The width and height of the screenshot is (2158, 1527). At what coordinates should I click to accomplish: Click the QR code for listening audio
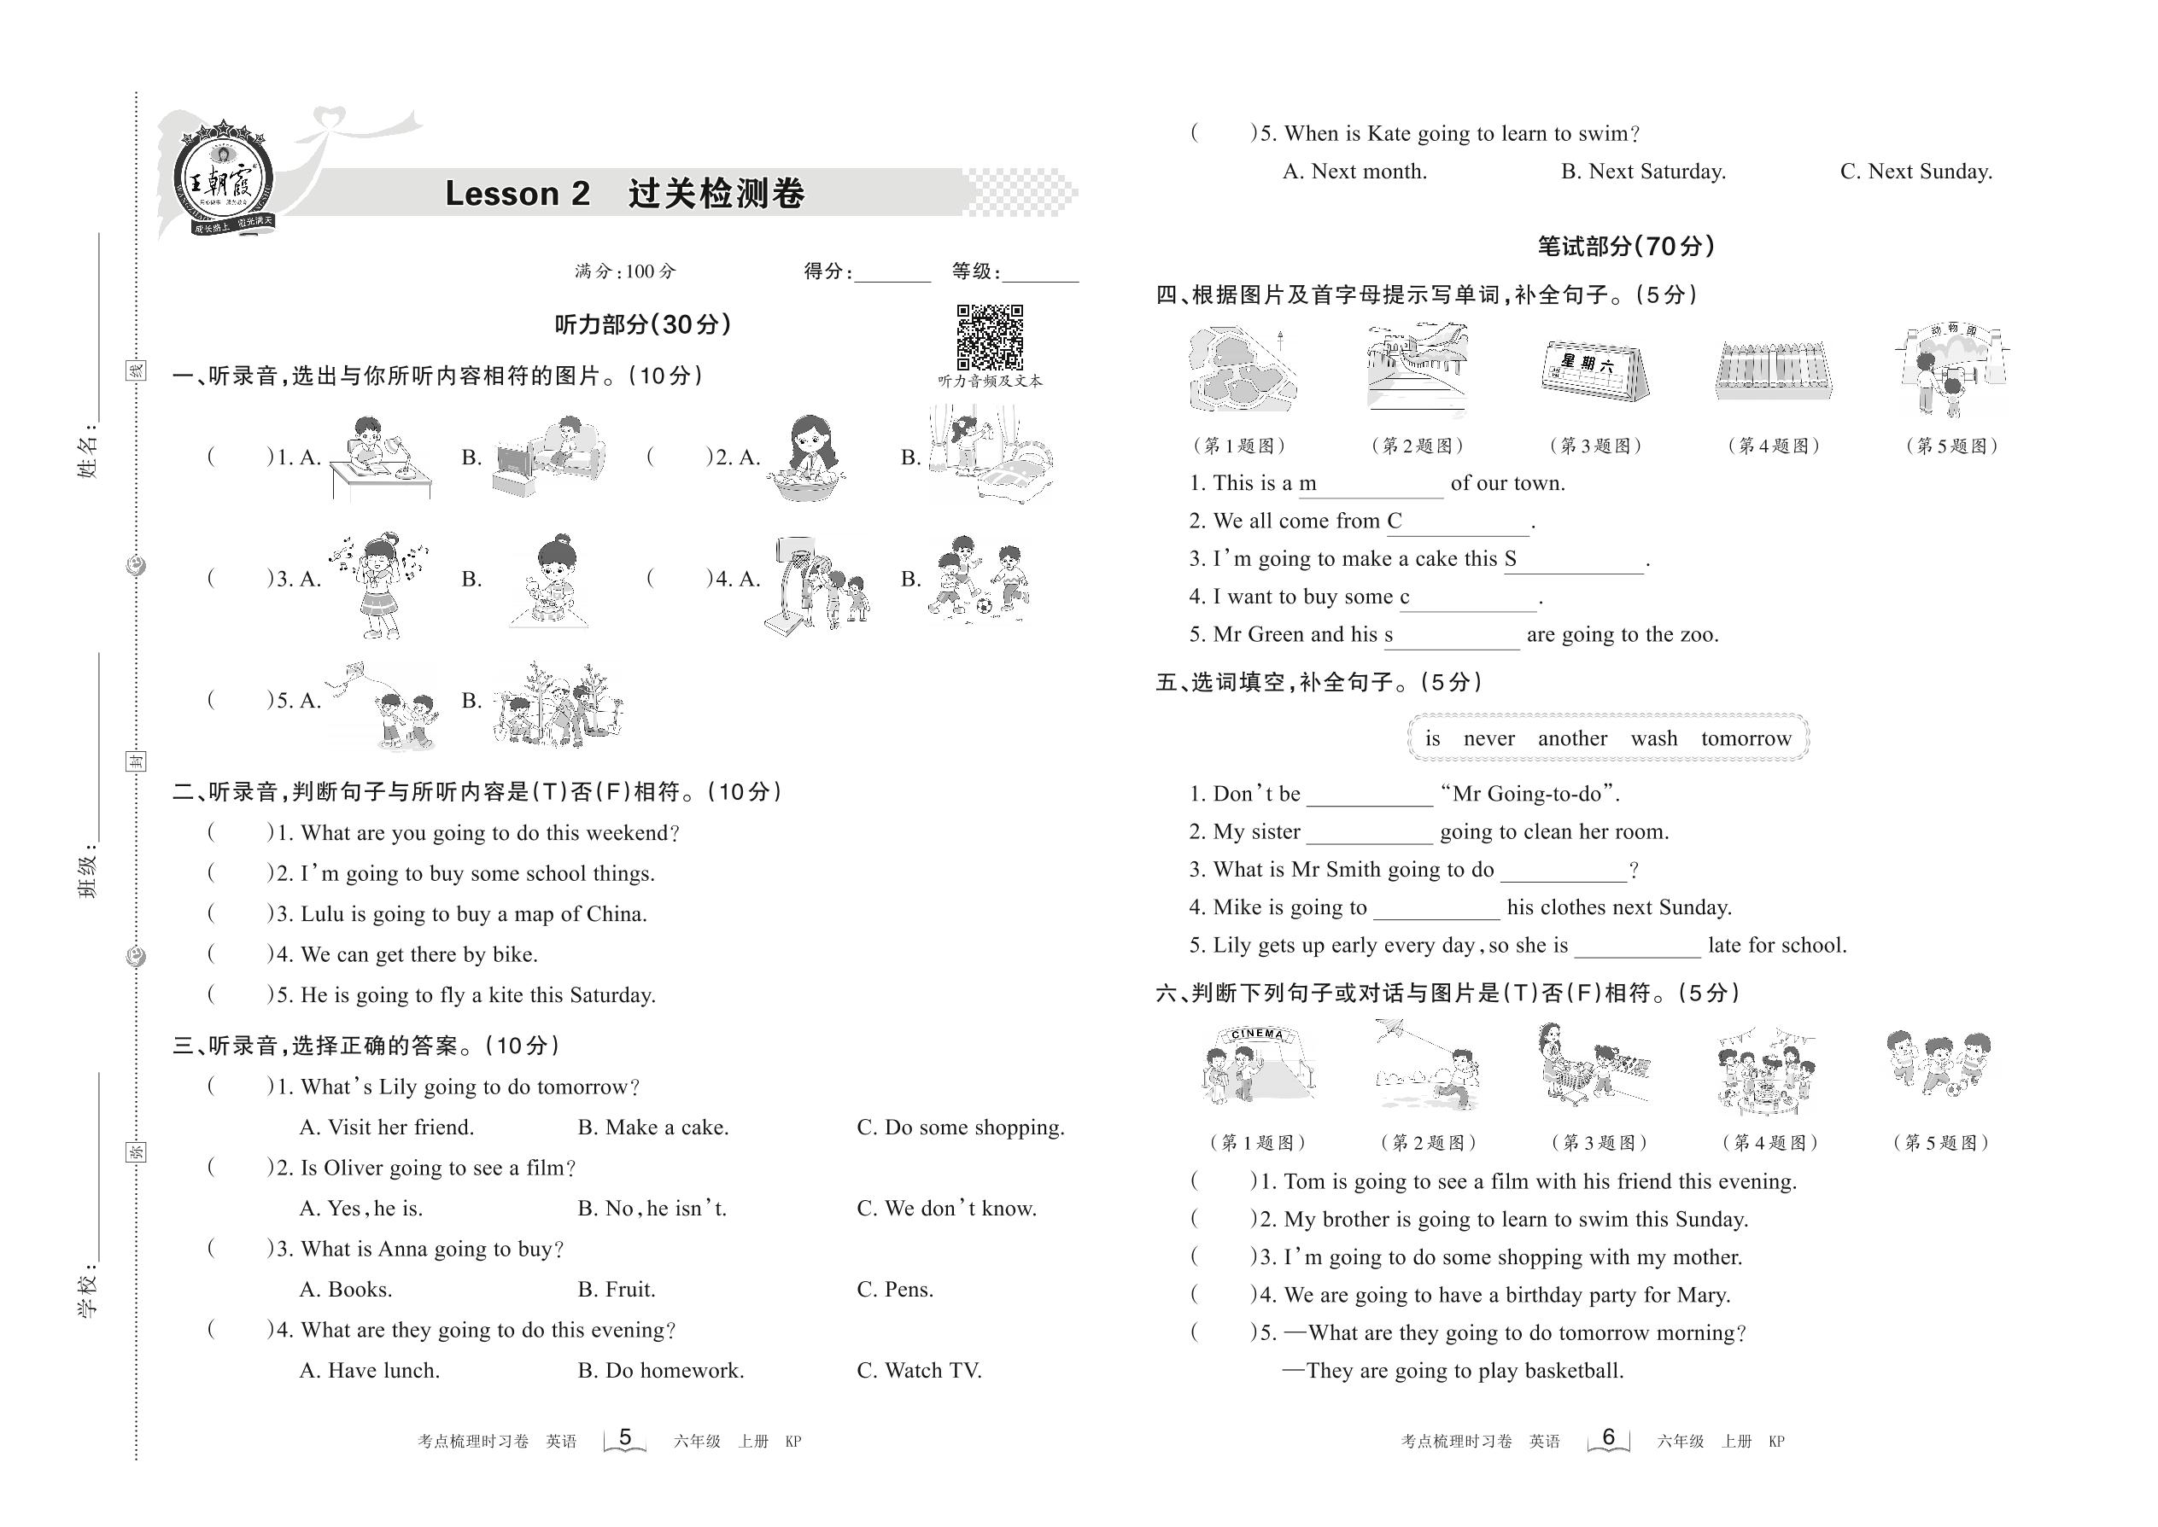(990, 336)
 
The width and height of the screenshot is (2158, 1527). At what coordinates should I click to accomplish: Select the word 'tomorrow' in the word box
(1746, 739)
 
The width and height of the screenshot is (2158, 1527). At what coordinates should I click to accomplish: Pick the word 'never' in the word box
(1488, 739)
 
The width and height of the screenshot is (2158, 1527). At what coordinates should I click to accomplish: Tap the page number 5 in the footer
(624, 1437)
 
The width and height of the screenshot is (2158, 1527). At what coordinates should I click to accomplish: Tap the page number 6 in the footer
(1608, 1437)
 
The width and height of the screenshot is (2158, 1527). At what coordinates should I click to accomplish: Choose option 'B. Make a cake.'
(652, 1128)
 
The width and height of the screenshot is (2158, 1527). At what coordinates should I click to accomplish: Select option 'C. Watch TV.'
(918, 1371)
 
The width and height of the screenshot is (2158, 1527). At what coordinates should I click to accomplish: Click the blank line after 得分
(892, 275)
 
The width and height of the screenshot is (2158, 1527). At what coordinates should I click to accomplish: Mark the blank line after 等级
(1040, 275)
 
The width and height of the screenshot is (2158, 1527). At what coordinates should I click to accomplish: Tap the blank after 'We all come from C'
(1466, 525)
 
